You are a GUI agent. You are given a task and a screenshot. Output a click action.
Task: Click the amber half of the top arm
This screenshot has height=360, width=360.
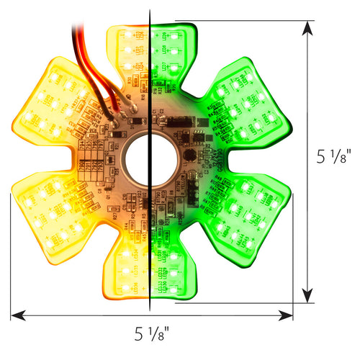point(128,50)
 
